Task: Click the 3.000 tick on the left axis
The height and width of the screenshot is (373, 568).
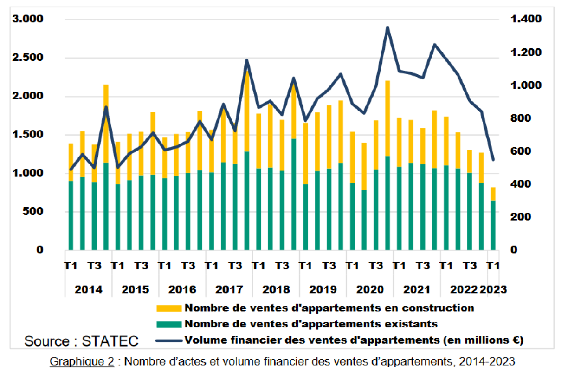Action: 28,19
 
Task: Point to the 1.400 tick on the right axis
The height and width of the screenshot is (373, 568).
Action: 526,19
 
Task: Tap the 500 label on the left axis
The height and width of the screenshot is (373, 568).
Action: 33,211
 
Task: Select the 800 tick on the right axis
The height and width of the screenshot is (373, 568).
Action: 521,118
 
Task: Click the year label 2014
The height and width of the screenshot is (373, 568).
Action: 88,289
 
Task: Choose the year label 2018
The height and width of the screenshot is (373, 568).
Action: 276,289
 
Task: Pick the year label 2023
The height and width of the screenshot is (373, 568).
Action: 493,289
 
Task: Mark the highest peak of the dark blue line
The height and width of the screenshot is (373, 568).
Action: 387,27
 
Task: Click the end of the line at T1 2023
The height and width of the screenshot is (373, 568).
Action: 493,160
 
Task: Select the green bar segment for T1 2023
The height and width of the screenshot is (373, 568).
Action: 493,225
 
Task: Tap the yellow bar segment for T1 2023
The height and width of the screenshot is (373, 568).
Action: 493,194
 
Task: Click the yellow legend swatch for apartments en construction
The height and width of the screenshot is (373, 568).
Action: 169,308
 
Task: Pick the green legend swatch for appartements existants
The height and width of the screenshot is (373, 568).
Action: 169,325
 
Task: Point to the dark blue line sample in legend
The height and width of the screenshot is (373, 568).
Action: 169,341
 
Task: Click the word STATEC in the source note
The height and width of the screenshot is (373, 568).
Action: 110,341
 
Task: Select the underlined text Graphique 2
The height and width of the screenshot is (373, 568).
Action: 82,361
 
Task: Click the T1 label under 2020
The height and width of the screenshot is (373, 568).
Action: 352,266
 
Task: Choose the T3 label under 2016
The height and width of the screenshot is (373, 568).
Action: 188,266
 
